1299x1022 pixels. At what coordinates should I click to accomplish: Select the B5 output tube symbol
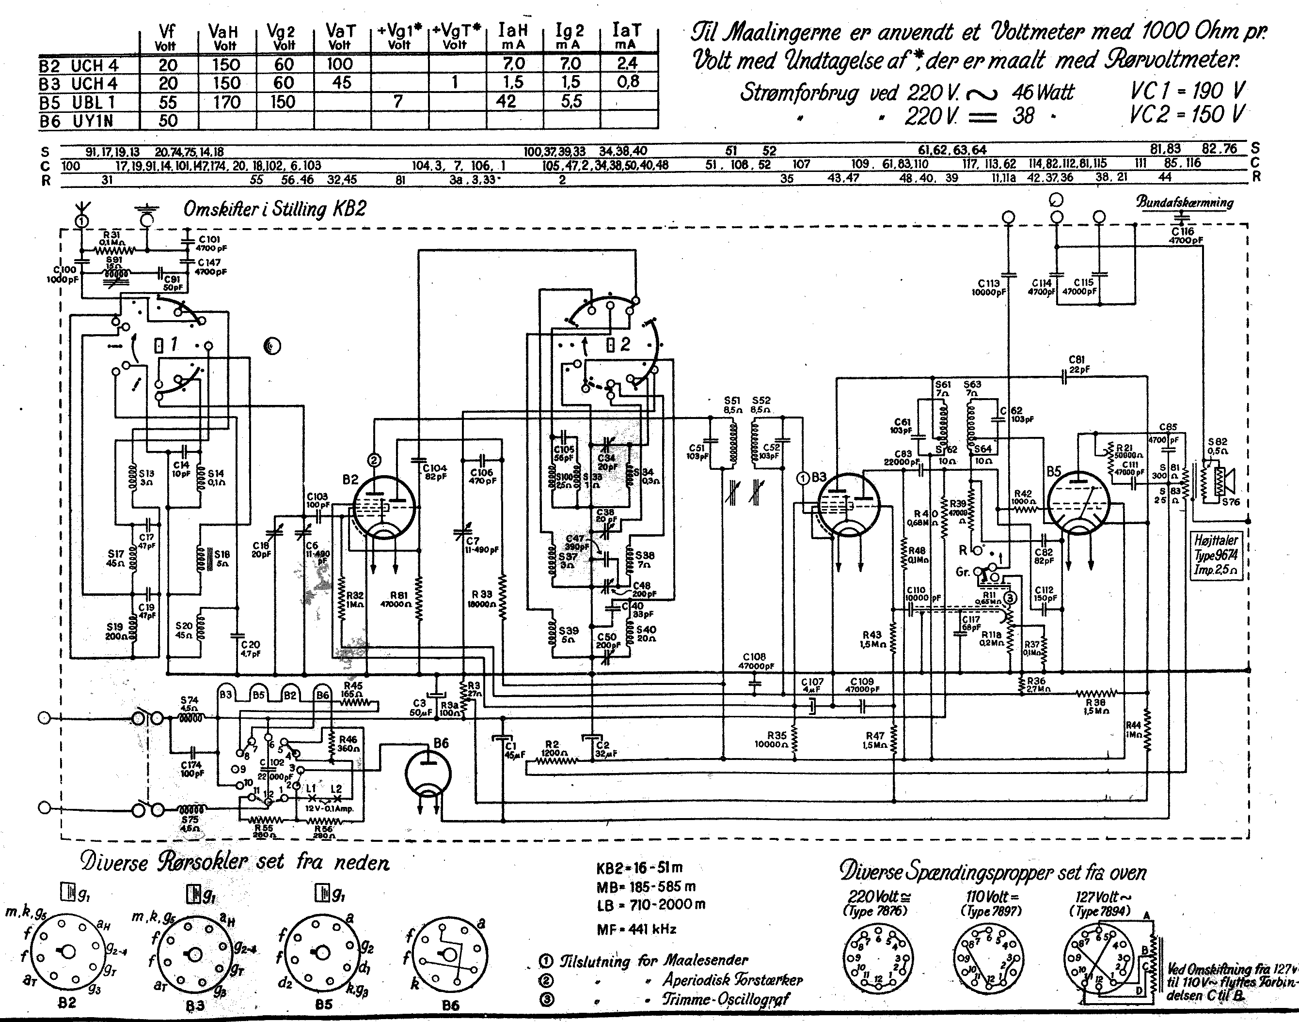tap(1078, 503)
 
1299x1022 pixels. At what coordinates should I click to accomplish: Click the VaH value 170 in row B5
tap(226, 102)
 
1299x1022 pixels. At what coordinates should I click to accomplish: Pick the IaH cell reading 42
tap(507, 102)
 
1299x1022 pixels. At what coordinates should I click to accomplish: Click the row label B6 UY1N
tap(77, 122)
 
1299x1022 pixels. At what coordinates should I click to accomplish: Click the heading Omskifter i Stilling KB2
tap(274, 209)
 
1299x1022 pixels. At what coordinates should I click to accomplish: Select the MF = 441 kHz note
tap(636, 929)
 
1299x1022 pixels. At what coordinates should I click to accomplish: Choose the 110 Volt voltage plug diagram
tap(988, 960)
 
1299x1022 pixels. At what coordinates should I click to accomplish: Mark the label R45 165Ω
tap(353, 690)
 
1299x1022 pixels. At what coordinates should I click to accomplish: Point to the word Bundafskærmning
tap(1185, 202)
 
